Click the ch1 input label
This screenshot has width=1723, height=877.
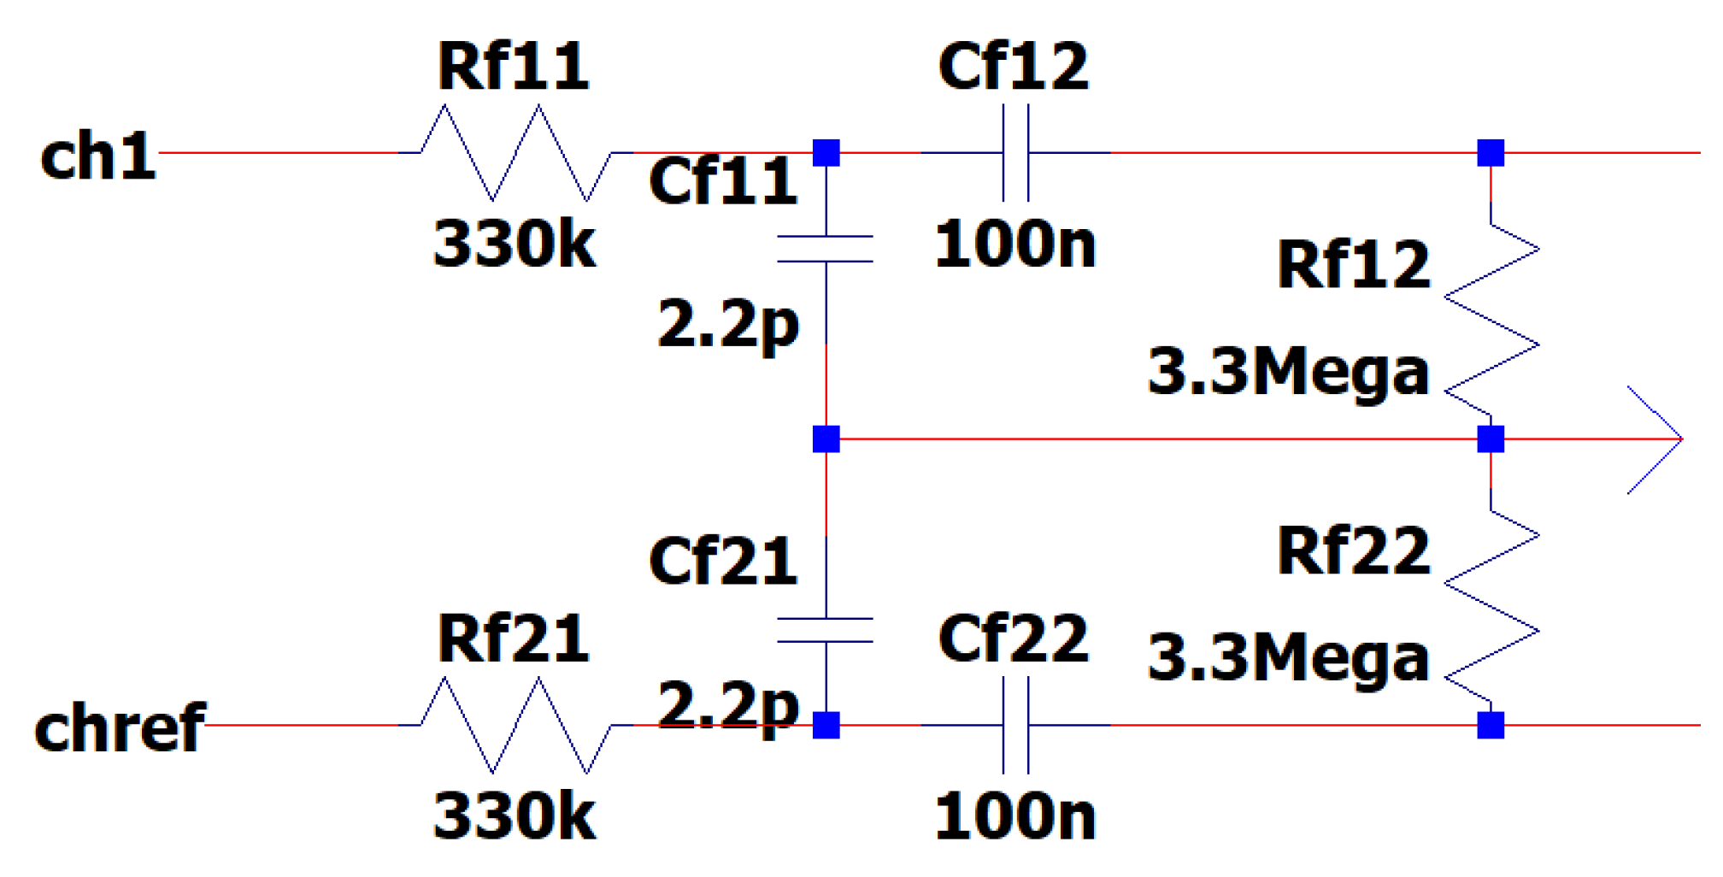coord(98,156)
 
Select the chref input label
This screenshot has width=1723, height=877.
coord(120,727)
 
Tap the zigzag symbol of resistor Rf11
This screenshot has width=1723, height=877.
coord(515,153)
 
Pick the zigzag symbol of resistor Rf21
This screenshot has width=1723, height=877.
coord(515,725)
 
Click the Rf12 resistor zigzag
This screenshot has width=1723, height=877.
coord(1491,321)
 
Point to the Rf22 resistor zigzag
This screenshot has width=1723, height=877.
coord(1491,607)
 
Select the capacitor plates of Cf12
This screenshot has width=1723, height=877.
coord(1015,153)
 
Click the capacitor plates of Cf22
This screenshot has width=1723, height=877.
coord(1015,725)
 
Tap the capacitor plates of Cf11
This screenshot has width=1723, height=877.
coord(826,249)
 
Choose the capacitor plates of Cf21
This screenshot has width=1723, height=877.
coord(826,630)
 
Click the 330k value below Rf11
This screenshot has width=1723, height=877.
coord(515,244)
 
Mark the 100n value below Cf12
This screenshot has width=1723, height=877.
coord(1015,244)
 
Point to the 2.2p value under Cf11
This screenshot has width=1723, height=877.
coord(728,325)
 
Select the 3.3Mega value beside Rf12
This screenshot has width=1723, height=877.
coord(1289,373)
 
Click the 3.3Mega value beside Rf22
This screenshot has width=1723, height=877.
coord(1289,658)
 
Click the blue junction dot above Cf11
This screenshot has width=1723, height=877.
coord(826,153)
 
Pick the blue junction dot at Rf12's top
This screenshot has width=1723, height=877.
coord(1491,153)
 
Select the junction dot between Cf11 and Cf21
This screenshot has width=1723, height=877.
coord(826,439)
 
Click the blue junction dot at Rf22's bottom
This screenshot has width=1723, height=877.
coord(1491,725)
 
